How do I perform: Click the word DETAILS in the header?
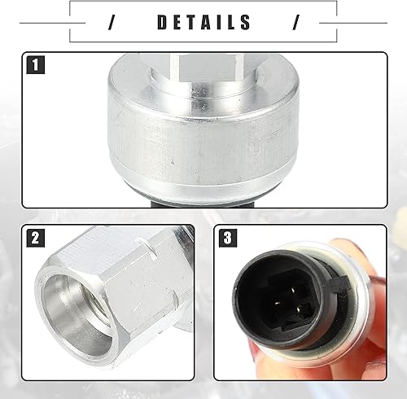203,22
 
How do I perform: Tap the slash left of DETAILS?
112,22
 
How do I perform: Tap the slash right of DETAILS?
295,22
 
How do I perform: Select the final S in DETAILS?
246,22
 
